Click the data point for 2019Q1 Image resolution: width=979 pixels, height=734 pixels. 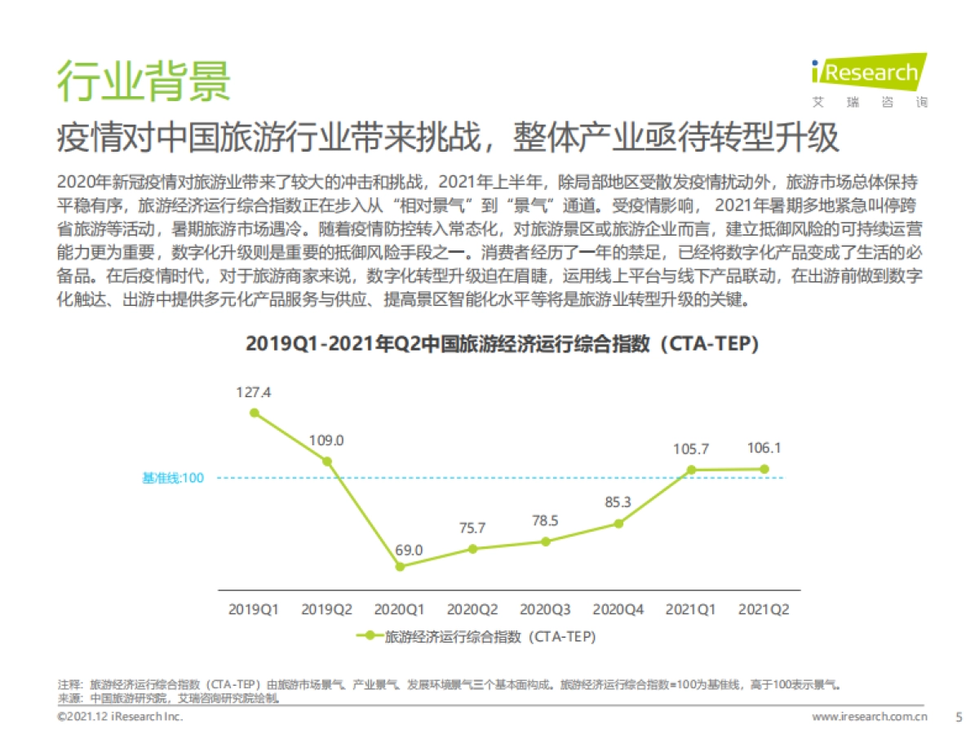[x=255, y=413]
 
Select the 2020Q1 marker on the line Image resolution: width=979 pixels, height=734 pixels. [x=400, y=566]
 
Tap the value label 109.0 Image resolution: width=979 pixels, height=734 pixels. [x=326, y=440]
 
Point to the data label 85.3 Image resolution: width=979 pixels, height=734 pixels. [x=618, y=503]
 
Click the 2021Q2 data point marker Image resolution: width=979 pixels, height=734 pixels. [x=764, y=469]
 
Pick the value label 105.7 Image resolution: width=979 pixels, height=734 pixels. [x=692, y=449]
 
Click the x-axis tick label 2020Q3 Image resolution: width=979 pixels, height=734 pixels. [x=546, y=608]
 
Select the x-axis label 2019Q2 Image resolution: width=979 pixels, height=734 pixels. [x=326, y=608]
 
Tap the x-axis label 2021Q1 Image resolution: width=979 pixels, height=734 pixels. [x=692, y=608]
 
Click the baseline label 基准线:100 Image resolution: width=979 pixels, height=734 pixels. [x=172, y=478]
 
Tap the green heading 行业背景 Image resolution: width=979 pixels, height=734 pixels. [x=144, y=79]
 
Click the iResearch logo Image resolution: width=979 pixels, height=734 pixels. [x=869, y=80]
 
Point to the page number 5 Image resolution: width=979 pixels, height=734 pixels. [x=959, y=717]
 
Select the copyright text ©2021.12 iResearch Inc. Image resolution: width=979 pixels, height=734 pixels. [x=120, y=717]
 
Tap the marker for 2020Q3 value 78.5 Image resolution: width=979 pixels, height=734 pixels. [x=546, y=542]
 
